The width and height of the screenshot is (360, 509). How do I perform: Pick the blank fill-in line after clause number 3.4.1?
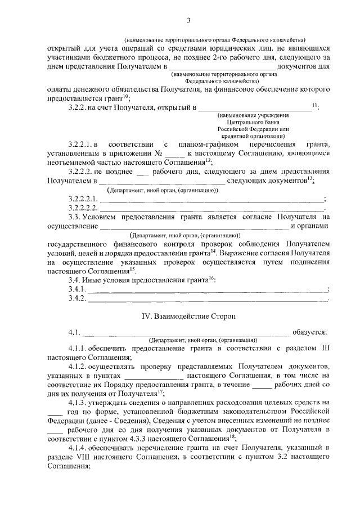[x=208, y=290]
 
